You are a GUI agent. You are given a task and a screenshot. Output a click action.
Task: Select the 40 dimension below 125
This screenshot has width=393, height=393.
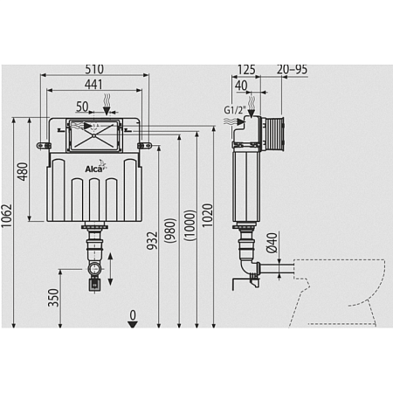(x=241, y=86)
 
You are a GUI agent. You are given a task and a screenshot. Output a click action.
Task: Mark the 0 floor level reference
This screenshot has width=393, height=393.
(x=133, y=314)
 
